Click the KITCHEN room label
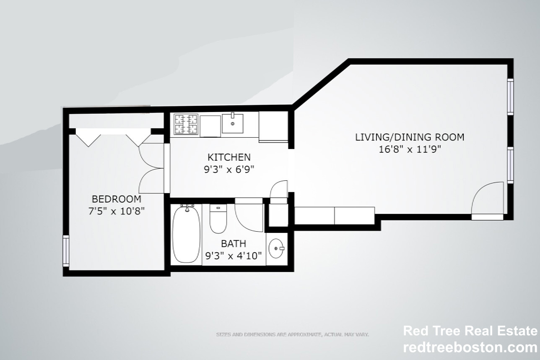tap(229, 157)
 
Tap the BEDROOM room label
tap(117, 199)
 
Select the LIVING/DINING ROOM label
tap(410, 137)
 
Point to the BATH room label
tap(234, 243)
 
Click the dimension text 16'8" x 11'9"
tap(410, 149)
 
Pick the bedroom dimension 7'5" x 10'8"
tap(116, 211)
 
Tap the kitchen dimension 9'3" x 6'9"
tap(229, 170)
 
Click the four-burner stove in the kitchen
tap(186, 124)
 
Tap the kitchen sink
tap(232, 123)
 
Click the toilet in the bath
tap(218, 219)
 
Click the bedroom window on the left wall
tap(66, 250)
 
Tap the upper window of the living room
tap(510, 97)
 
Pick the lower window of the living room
tap(510, 164)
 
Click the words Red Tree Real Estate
tap(470, 331)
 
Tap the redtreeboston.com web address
tap(470, 347)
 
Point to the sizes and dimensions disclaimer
tap(292, 334)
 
